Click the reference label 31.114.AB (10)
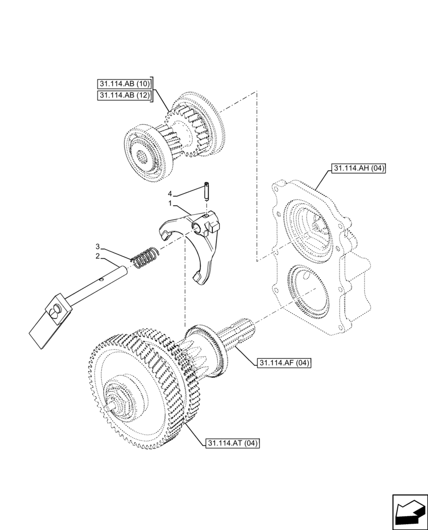(124, 84)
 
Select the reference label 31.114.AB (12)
(124, 95)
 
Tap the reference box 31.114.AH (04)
(359, 169)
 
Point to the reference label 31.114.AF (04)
(284, 363)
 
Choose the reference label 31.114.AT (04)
(231, 443)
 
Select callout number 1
(170, 204)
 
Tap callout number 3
(97, 246)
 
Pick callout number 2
(97, 257)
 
